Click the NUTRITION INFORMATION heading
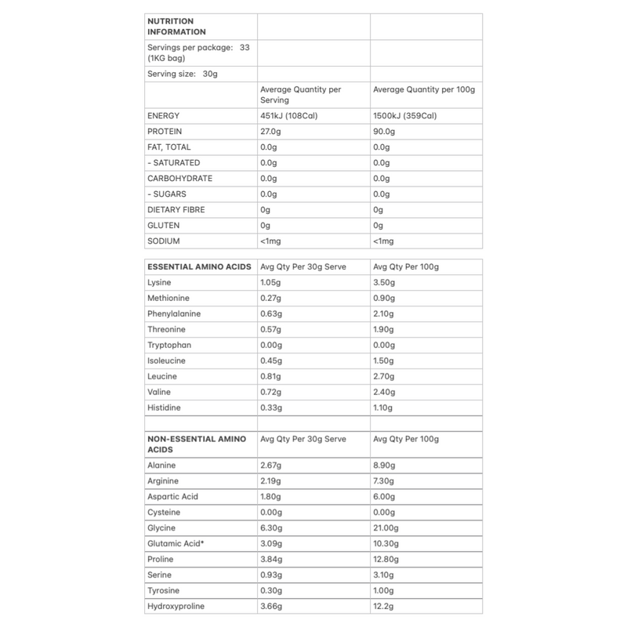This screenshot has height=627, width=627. pyautogui.click(x=176, y=26)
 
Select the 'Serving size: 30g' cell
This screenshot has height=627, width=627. pyautogui.click(x=181, y=74)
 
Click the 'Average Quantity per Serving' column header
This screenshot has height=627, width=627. pyautogui.click(x=300, y=95)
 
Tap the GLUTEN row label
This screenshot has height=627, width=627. pyautogui.click(x=162, y=226)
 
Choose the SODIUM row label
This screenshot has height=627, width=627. pyautogui.click(x=163, y=241)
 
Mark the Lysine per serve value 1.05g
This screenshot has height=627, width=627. pyautogui.click(x=270, y=282)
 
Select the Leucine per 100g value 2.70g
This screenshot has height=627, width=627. pyautogui.click(x=386, y=376)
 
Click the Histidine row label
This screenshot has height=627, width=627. pyautogui.click(x=165, y=408)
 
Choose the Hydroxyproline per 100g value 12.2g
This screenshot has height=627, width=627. pyautogui.click(x=384, y=607)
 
